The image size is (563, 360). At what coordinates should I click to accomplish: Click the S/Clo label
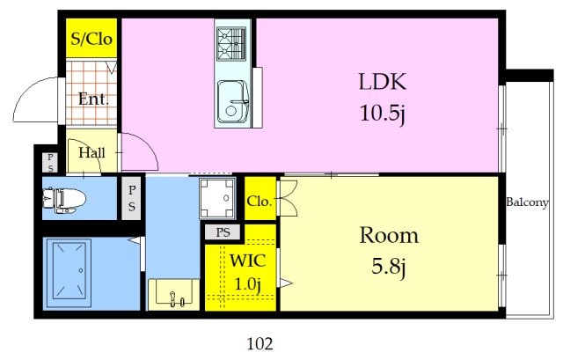coord(91,39)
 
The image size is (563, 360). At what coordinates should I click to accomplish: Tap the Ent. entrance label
coord(93,99)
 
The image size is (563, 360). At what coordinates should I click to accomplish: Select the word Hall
coord(91,153)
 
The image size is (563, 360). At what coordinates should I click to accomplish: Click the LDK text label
coord(383,82)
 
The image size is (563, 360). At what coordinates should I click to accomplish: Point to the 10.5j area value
coord(383,114)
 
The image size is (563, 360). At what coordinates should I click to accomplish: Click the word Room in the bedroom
coord(389,236)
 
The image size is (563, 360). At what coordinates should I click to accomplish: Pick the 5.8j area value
coord(389,267)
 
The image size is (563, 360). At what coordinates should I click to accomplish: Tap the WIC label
coord(248,261)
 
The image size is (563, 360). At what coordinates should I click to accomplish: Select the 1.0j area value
coord(248,284)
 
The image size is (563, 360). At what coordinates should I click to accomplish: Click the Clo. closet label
coord(259,202)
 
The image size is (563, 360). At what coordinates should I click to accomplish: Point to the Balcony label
coord(527,202)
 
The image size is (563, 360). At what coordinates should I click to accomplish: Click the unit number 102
coord(260,344)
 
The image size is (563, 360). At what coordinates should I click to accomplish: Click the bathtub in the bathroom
coord(69,270)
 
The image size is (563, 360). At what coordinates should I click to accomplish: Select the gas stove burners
coord(231,43)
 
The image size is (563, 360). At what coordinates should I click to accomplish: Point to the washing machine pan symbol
coord(217,198)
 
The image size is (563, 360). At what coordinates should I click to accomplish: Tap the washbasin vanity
coord(174,295)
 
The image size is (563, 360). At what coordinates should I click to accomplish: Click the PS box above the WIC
coord(223,232)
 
